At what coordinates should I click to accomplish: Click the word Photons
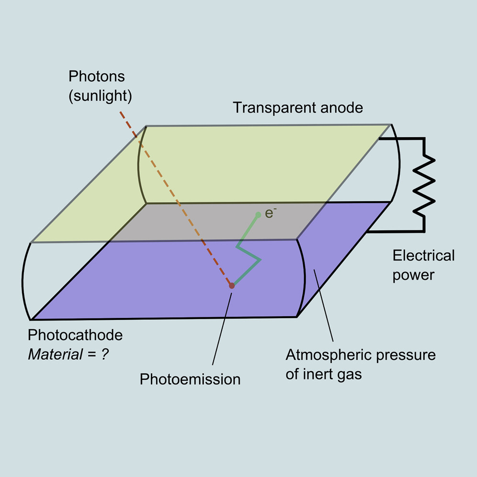97,77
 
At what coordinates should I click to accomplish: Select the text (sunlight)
100,96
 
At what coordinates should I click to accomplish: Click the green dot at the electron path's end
258,215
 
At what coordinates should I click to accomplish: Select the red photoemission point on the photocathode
232,285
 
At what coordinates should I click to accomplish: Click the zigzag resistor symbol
424,184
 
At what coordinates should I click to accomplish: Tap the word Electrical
423,256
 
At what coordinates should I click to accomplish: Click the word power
413,275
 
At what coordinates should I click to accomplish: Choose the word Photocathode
76,335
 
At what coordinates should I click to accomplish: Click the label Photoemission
190,379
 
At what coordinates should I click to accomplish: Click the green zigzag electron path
249,254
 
